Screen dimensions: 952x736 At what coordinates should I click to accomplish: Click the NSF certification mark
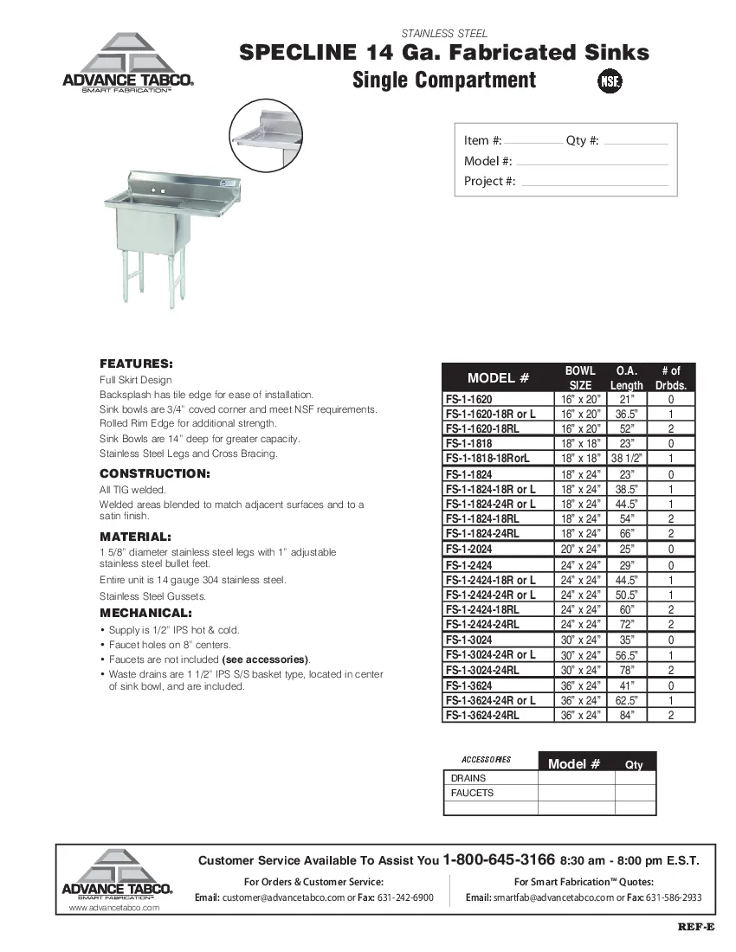(610, 81)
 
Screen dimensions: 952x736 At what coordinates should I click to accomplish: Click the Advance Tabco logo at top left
(126, 65)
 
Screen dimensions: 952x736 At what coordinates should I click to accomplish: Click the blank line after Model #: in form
(591, 162)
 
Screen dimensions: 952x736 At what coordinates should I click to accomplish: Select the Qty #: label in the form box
(582, 141)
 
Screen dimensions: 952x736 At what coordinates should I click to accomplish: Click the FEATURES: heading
(136, 363)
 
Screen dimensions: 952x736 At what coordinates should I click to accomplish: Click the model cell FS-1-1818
(468, 444)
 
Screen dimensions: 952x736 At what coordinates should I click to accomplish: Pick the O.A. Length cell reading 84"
(626, 715)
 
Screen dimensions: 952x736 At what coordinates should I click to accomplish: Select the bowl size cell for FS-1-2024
(580, 550)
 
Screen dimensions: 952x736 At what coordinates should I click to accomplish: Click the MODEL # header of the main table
(498, 378)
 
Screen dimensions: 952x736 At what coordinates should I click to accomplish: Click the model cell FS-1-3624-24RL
(482, 715)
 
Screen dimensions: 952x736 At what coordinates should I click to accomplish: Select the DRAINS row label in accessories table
(468, 778)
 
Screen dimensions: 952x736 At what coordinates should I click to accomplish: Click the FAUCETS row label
(472, 793)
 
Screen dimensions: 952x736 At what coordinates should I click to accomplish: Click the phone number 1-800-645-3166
(498, 860)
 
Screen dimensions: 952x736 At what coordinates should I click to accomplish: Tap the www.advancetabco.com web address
(114, 908)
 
